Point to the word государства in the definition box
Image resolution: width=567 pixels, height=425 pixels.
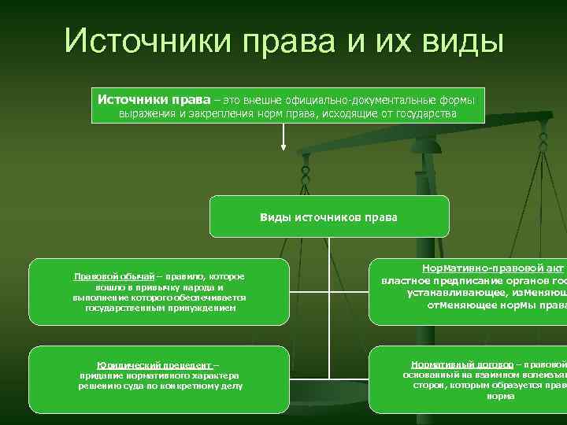427,114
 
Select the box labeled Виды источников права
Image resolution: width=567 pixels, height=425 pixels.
328,216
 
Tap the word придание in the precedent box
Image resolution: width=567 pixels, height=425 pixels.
97,376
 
